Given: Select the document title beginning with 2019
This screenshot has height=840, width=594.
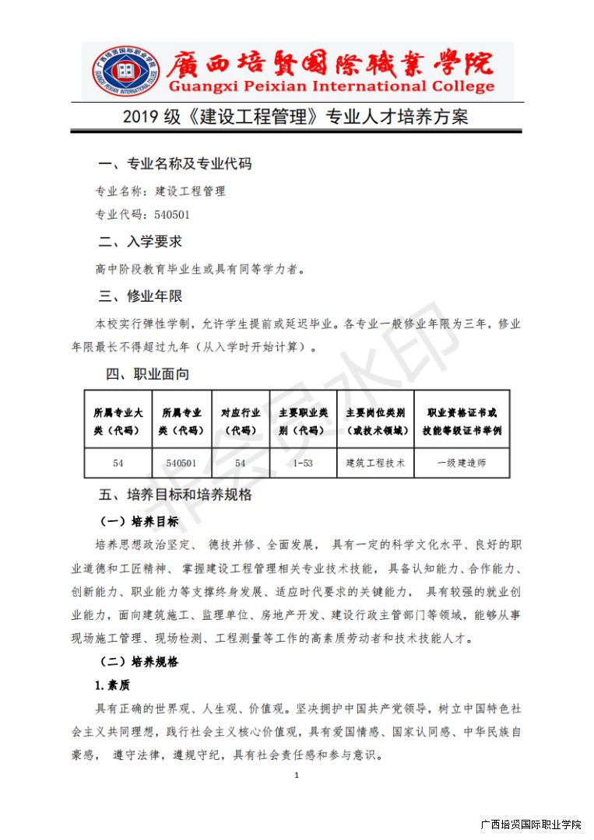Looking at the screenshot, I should [296, 117].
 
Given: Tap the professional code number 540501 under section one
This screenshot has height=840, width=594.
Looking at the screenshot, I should [172, 215].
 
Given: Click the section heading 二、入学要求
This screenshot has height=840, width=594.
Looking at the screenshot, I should [141, 242].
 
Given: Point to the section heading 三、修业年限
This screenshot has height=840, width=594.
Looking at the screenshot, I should [141, 296].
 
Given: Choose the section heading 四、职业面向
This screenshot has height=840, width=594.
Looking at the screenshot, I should [148, 374].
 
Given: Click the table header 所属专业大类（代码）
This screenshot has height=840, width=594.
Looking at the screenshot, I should [118, 420].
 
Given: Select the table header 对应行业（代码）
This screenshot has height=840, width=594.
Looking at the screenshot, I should [241, 420].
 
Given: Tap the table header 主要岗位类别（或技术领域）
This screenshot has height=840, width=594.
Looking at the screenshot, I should [376, 420].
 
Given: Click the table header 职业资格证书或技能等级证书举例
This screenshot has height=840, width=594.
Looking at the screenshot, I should [462, 420].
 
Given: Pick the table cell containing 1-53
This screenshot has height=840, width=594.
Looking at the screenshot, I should [303, 463].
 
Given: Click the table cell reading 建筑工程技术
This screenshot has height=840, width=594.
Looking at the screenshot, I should [376, 463].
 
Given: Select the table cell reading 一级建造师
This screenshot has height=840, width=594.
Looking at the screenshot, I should [462, 463].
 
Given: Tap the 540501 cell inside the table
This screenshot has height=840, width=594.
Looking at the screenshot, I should [181, 463].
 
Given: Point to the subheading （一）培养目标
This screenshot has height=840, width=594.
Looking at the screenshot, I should [139, 521].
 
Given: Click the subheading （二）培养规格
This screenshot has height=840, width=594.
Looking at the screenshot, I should [139, 663].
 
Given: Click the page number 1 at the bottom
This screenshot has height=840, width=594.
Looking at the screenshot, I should [297, 775].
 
